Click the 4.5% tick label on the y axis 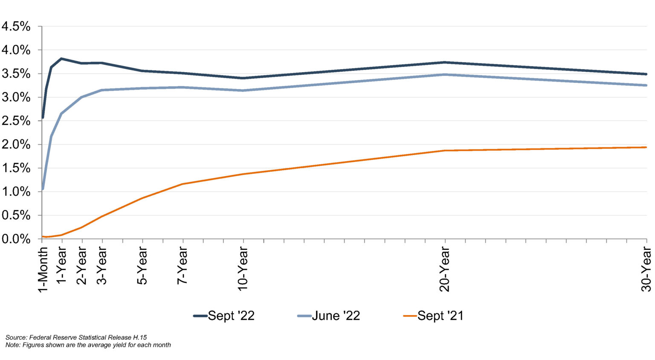click(x=16, y=26)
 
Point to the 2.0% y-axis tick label click(x=16, y=145)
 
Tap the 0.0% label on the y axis click(x=16, y=239)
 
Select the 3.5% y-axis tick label click(x=16, y=74)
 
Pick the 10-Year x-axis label click(x=243, y=269)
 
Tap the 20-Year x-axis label click(x=445, y=269)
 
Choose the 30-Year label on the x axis click(x=646, y=269)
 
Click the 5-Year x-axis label click(x=142, y=265)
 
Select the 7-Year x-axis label click(x=183, y=265)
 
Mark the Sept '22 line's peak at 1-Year click(x=62, y=58)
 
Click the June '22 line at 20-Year click(x=445, y=75)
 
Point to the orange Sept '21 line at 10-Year click(x=243, y=174)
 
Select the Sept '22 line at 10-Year click(x=243, y=78)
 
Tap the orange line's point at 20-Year click(x=445, y=151)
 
